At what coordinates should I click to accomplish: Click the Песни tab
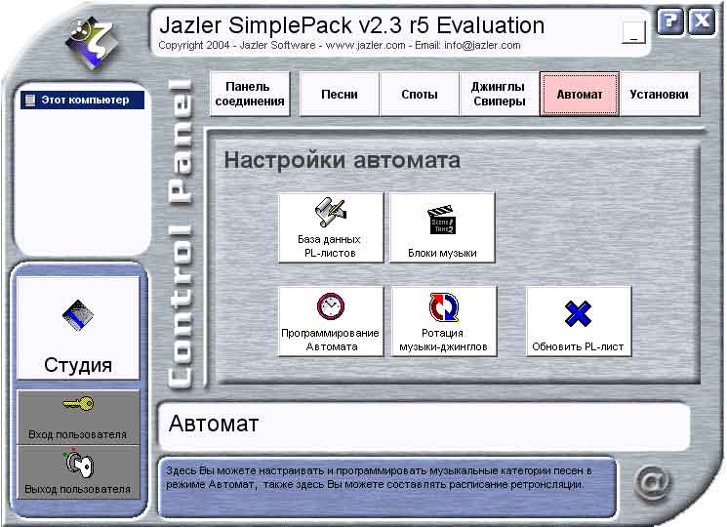(x=340, y=94)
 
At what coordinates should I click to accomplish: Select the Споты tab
(x=420, y=94)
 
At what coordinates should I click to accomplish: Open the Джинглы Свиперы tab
(x=499, y=94)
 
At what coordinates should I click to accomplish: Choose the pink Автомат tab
(x=580, y=94)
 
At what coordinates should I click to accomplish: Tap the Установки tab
(x=660, y=94)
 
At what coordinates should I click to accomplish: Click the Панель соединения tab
(x=250, y=94)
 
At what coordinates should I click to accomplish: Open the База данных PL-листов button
(x=331, y=227)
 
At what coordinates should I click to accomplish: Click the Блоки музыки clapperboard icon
(x=441, y=221)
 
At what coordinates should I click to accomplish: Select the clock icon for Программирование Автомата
(x=331, y=306)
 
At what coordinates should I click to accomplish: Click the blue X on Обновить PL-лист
(x=578, y=314)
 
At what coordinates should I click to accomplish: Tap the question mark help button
(x=670, y=21)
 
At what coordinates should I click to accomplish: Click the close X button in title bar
(x=702, y=21)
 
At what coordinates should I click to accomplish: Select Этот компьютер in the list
(x=82, y=101)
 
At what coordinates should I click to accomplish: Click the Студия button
(x=78, y=328)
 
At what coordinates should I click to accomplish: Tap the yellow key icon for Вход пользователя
(x=78, y=404)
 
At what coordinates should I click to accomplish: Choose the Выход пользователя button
(x=78, y=472)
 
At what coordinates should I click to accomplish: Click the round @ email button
(x=653, y=484)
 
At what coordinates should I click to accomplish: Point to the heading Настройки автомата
(x=343, y=160)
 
